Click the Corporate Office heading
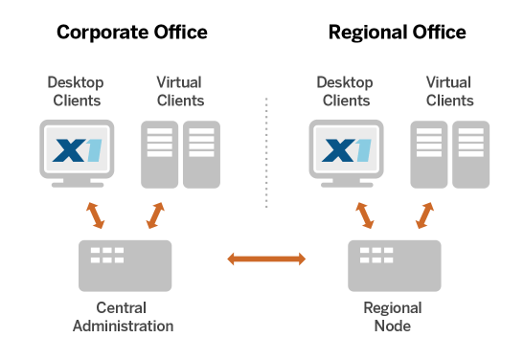(x=132, y=33)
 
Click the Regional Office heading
(x=398, y=33)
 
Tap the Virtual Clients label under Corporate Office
(x=180, y=90)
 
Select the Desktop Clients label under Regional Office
(x=346, y=90)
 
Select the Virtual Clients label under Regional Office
(x=449, y=90)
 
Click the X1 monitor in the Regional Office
(x=346, y=150)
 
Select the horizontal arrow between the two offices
(x=265, y=259)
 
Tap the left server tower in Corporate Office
(x=160, y=153)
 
